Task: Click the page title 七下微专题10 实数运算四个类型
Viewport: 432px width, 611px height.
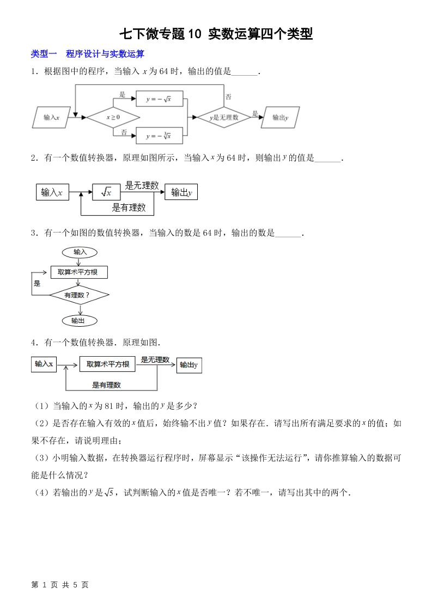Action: point(216,35)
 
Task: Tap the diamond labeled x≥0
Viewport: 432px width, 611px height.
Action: point(113,117)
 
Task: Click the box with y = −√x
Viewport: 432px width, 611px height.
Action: point(158,99)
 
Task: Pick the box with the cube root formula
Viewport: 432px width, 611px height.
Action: point(158,136)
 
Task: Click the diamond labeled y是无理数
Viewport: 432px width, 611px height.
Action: point(223,117)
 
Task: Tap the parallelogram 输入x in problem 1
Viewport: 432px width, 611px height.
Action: point(51,117)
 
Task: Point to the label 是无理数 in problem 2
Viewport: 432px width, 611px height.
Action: point(142,185)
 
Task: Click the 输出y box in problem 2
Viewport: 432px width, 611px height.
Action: point(181,192)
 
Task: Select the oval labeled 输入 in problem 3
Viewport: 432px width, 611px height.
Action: point(80,252)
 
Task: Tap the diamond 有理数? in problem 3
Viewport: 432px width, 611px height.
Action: point(79,295)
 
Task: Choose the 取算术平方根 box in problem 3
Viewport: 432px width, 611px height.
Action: point(78,272)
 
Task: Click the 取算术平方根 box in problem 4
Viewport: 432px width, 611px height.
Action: point(107,364)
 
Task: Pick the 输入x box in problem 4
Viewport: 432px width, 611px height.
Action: point(44,364)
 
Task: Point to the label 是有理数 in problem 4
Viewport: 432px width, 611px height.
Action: point(107,385)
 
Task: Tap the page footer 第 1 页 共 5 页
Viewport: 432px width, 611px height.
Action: point(60,584)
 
